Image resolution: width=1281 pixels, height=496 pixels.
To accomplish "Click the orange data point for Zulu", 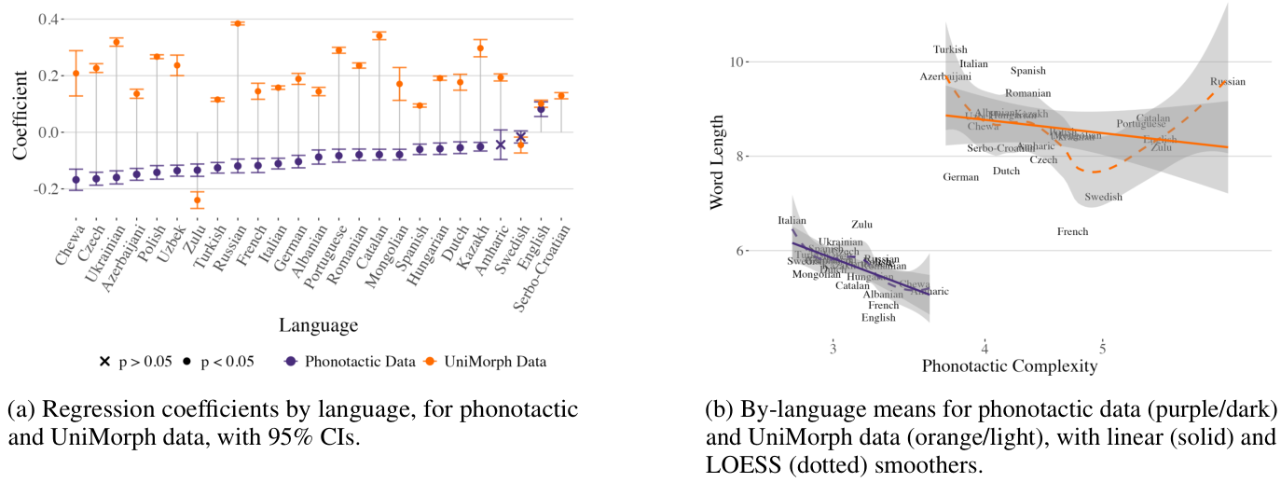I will coord(197,200).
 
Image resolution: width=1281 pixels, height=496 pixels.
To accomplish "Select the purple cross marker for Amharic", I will coord(501,145).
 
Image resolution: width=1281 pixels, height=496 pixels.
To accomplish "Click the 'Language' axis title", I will coord(318,325).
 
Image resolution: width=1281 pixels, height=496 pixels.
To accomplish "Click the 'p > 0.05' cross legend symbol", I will coord(104,362).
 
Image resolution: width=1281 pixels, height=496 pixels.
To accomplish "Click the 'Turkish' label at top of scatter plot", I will coord(951,49).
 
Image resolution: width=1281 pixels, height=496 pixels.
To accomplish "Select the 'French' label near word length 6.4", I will coord(1073,231).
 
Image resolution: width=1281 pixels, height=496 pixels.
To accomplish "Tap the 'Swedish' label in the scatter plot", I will coord(1104,197).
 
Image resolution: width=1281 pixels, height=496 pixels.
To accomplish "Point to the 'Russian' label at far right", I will coord(1228,82).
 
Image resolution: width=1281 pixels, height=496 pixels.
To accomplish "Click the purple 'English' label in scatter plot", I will coord(878,318).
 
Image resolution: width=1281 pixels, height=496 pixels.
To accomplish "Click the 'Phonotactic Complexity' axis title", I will coord(1010,366).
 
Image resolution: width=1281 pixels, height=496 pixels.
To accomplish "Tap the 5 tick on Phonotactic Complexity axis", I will coord(1103,348).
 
